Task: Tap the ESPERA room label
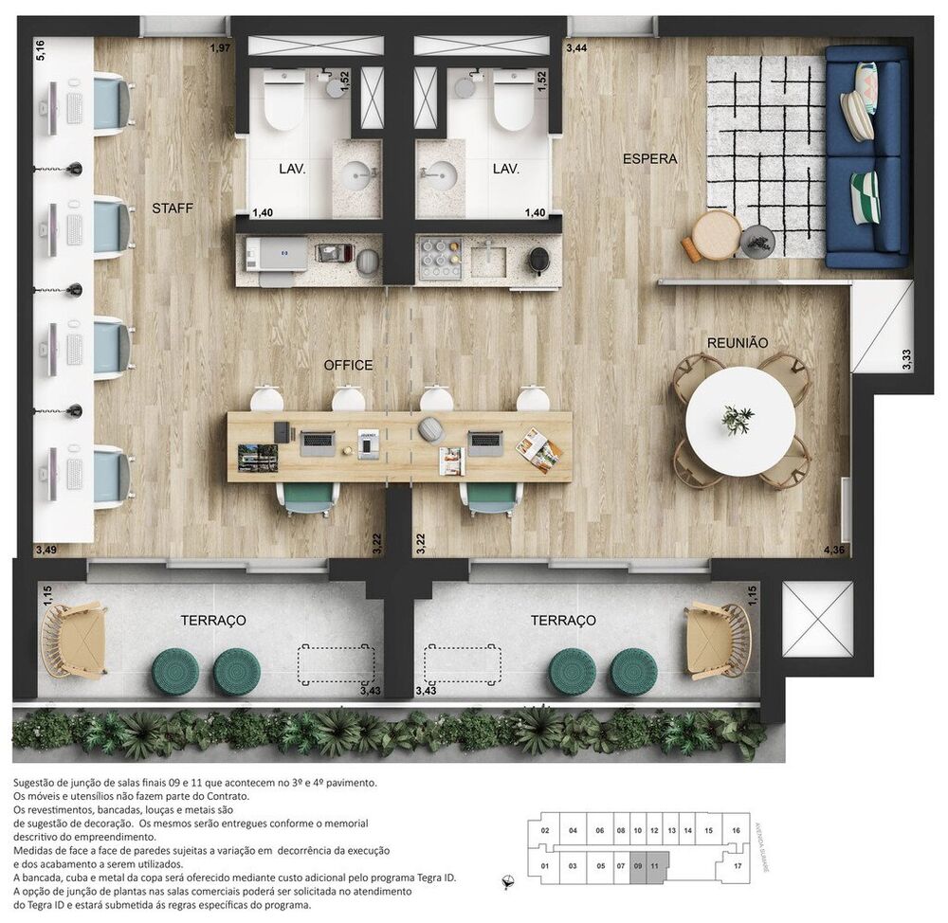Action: [649, 159]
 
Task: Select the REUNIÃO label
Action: [737, 342]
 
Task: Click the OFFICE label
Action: [348, 365]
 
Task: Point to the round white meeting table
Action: [739, 422]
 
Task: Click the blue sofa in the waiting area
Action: [866, 156]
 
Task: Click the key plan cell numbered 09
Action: [638, 865]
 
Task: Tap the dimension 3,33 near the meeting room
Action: [906, 360]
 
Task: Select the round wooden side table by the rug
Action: [716, 234]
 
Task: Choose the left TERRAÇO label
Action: [213, 620]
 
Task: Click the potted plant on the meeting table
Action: [737, 419]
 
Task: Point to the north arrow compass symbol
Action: [509, 879]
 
